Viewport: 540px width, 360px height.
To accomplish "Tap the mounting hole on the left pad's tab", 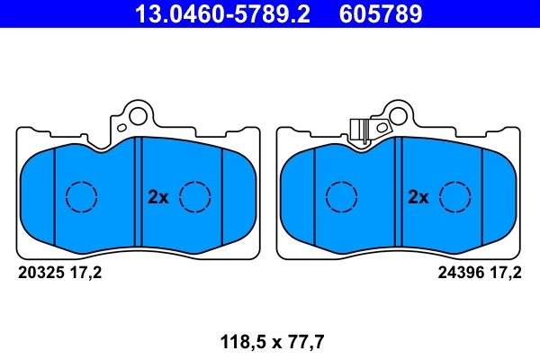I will (x=137, y=114).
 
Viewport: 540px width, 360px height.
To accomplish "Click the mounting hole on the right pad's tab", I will (x=393, y=114).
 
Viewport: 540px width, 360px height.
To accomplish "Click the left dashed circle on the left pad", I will (x=82, y=196).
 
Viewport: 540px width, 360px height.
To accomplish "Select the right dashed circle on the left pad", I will (x=194, y=196).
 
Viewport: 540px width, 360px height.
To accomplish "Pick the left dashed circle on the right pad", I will (x=341, y=196).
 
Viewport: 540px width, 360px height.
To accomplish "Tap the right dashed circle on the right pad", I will (x=456, y=196).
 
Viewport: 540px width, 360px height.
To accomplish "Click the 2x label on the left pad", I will (x=157, y=196).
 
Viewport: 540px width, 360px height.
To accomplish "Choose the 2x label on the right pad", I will (x=418, y=196).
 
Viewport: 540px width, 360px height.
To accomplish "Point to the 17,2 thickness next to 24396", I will (x=505, y=272).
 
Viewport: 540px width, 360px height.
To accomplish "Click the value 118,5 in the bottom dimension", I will (x=239, y=341).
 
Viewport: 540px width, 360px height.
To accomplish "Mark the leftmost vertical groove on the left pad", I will (x=55, y=196).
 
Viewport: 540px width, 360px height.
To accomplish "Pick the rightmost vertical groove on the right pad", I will (x=483, y=196).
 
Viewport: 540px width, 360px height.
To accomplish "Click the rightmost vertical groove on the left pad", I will (x=222, y=196).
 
